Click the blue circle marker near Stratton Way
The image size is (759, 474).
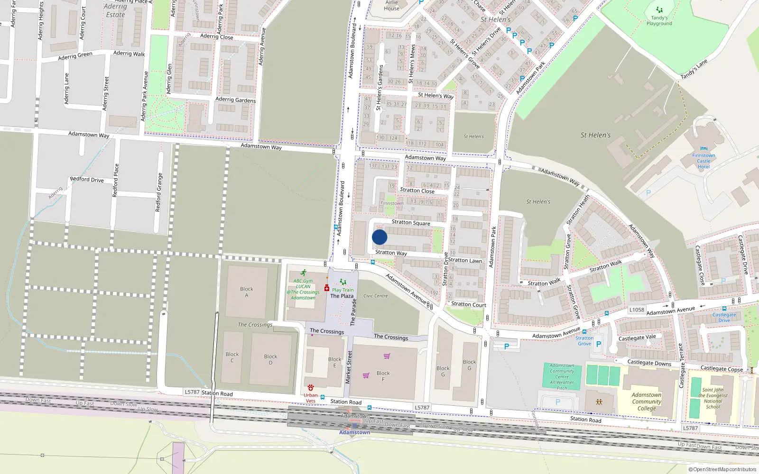379,237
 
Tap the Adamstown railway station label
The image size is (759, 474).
354,432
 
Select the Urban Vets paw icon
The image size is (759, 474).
311,388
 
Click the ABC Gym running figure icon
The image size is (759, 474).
303,273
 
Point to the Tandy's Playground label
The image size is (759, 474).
659,21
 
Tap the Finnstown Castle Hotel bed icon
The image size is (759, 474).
703,149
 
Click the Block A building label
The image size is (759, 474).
246,292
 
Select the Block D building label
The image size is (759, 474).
270,359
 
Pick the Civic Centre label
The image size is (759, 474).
376,296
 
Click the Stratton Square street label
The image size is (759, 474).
411,222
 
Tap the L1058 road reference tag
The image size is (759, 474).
637,310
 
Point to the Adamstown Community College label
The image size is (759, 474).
646,401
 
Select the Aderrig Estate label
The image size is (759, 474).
115,10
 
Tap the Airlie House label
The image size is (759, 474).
392,5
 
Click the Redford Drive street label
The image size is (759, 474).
87,180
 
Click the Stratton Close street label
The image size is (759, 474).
417,191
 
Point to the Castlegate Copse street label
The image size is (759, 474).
722,369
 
